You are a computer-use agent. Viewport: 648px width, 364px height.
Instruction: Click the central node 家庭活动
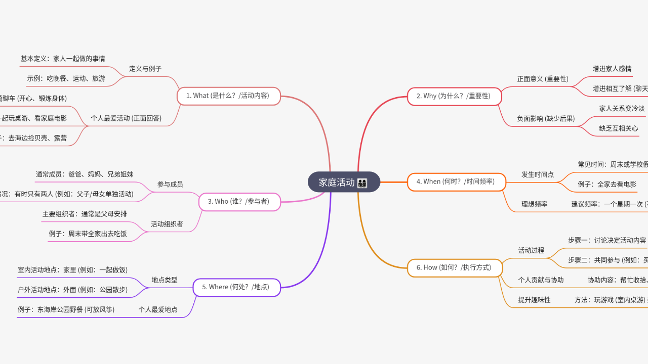pos(337,183)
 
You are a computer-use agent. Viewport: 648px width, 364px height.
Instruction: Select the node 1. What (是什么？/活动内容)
pos(228,96)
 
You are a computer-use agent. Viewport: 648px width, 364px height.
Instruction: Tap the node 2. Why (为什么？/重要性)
pos(454,96)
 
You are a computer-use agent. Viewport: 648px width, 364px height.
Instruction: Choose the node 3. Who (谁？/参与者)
pos(239,202)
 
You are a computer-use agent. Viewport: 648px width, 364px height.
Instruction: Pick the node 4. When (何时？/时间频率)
pos(456,181)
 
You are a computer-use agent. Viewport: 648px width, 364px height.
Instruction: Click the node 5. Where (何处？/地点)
pos(236,287)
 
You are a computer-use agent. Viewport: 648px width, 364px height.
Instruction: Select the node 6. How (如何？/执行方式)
pos(454,267)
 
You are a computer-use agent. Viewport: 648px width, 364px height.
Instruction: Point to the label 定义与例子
pos(145,69)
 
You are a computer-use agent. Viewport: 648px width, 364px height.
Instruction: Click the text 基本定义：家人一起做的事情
pos(63,59)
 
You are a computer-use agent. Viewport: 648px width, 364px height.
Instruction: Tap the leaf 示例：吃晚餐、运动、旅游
pos(66,78)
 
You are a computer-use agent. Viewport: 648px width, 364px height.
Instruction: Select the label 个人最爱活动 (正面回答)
pos(126,118)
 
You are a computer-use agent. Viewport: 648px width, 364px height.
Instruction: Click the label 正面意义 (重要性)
pos(543,79)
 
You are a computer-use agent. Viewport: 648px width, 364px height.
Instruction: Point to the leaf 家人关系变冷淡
pos(622,108)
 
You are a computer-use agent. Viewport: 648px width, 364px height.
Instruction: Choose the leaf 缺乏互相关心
pos(619,128)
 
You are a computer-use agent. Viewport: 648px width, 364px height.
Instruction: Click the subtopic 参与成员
pos(170,185)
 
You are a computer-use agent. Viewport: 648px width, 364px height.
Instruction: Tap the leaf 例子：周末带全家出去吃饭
pos(88,234)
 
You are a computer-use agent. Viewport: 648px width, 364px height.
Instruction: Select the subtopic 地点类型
pos(165,280)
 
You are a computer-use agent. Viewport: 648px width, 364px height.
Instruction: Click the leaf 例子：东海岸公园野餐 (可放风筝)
pos(66,309)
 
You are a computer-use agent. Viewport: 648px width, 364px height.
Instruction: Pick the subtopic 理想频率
pos(535,204)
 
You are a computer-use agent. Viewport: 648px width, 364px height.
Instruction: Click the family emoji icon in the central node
pos(362,183)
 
